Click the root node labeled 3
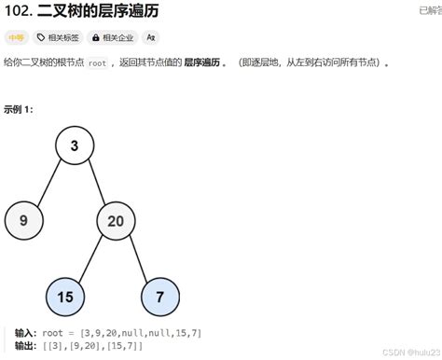pos(75,146)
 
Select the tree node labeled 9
pos(22,221)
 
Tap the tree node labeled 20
pos(116,221)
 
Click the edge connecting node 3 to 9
pos(48,184)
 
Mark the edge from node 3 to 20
pos(95,184)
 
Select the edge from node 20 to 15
pos(90,258)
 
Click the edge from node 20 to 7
pos(138,258)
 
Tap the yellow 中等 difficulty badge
pos(16,37)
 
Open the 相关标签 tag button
pos(57,37)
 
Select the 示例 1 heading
pos(19,109)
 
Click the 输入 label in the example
pos(25,333)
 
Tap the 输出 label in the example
pos(25,346)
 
